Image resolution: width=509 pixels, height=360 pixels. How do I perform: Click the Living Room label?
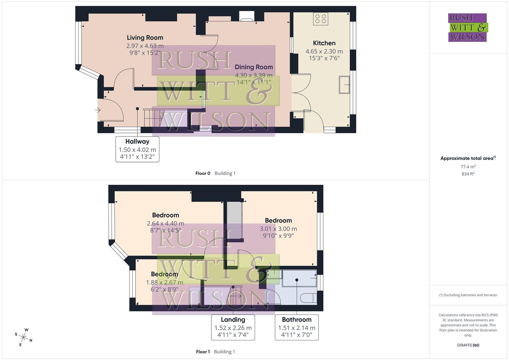tap(145, 38)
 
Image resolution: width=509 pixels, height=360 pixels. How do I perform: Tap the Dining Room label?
tap(254, 67)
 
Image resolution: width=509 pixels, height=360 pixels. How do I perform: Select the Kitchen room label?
tap(324, 43)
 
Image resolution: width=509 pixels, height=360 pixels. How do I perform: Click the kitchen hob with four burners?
tap(321, 19)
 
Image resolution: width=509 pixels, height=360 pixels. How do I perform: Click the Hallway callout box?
tap(137, 149)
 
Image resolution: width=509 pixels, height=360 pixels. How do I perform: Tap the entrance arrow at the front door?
tap(98, 110)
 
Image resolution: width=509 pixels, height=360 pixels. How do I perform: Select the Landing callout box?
tap(233, 327)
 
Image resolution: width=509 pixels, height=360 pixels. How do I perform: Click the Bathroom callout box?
tap(297, 327)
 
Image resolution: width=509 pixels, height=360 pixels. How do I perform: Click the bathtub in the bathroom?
tap(299, 279)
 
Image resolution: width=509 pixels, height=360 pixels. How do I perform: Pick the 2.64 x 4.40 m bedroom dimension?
tap(165, 224)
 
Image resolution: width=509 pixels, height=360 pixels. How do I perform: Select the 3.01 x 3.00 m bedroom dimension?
tap(278, 229)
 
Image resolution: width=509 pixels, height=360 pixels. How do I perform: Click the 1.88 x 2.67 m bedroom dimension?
tap(164, 283)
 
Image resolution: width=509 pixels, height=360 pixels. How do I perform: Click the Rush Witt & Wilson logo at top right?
tap(468, 27)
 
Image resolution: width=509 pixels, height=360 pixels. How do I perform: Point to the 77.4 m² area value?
tap(468, 167)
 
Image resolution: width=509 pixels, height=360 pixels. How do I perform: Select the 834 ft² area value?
tap(468, 174)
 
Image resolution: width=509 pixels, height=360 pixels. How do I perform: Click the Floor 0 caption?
tap(203, 173)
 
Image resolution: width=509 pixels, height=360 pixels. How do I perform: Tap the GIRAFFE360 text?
tap(468, 345)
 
